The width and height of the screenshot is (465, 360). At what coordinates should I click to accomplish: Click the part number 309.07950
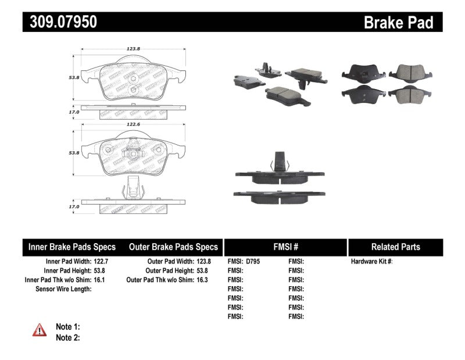(x=60, y=22)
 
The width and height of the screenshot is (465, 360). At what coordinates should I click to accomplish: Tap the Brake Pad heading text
(x=399, y=22)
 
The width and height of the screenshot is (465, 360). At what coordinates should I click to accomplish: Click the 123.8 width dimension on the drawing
(x=135, y=50)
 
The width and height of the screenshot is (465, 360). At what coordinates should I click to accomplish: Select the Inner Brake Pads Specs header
(x=72, y=247)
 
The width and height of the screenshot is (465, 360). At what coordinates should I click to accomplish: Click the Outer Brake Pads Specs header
(x=173, y=247)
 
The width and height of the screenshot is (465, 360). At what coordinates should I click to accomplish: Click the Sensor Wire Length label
(x=63, y=289)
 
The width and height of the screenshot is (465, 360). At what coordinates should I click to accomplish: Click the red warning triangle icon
(x=40, y=330)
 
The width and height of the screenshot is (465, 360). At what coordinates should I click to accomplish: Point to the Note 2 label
(x=67, y=337)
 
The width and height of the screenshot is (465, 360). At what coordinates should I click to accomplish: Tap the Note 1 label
(x=67, y=327)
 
